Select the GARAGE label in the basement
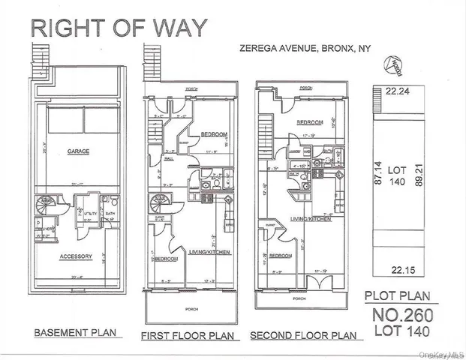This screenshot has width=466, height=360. tap(78, 151)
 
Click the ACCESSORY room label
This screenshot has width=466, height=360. tap(76, 256)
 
